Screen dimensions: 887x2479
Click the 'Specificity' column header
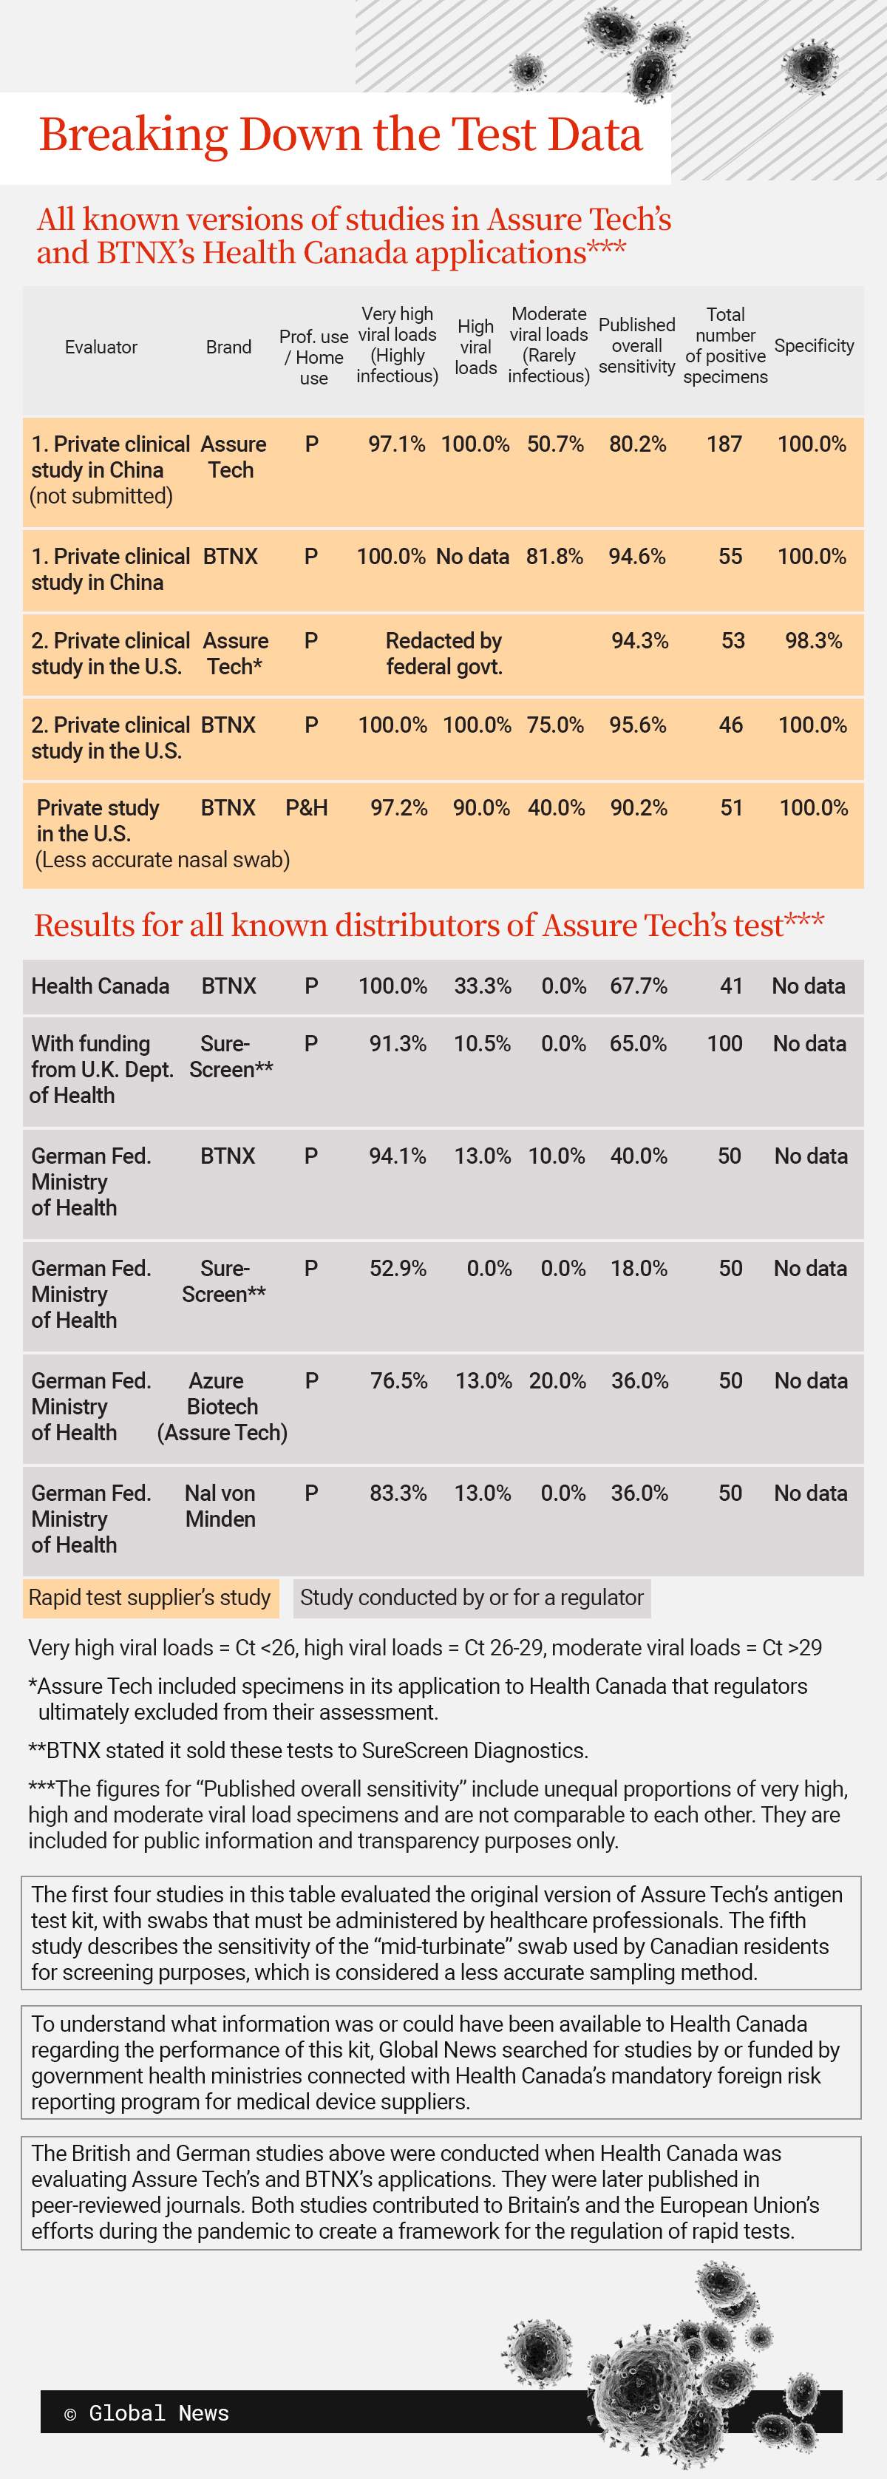814,345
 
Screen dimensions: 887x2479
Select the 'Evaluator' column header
101,347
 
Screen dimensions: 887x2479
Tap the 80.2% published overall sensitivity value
638,444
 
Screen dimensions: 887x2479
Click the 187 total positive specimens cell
724,444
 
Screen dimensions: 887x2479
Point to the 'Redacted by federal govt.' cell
443,654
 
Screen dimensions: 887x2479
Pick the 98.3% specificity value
814,641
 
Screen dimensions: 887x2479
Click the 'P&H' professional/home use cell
307,807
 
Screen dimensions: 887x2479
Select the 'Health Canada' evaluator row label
100,986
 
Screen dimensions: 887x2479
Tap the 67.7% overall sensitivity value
639,986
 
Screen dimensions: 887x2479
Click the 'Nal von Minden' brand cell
220,1505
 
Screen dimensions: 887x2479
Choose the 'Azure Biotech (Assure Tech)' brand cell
222,1406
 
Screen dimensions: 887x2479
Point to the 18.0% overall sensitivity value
639,1269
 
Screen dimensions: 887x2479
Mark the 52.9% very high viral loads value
398,1269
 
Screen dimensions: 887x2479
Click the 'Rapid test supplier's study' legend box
150,1598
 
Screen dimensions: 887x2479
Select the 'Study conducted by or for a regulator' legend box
472,1598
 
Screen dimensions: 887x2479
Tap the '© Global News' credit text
146,2412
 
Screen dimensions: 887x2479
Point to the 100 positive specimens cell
724,1043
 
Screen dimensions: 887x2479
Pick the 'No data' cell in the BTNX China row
472,556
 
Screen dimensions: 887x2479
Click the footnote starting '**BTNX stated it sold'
307,1751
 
